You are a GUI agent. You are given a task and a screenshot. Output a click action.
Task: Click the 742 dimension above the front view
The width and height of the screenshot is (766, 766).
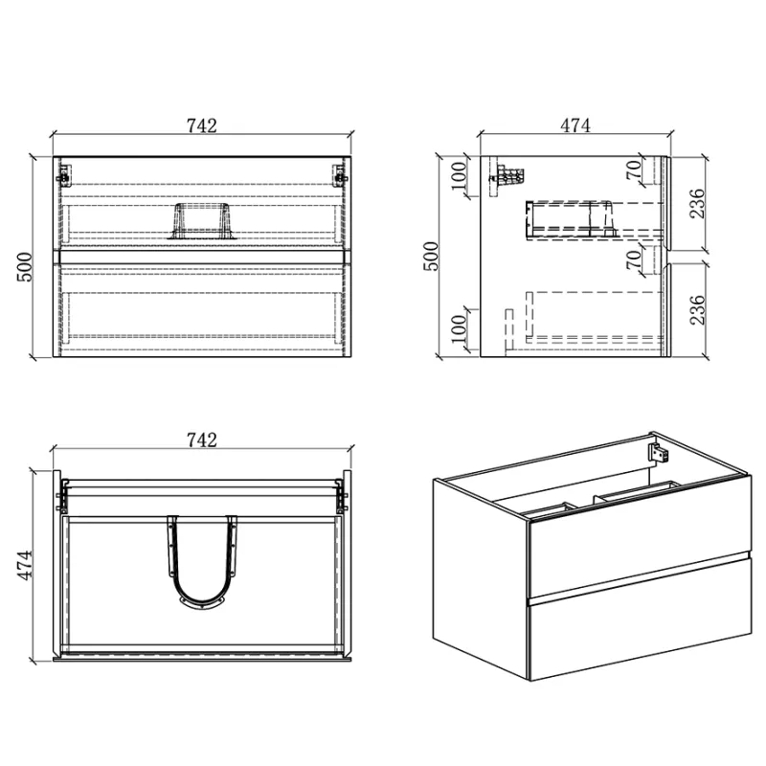202,126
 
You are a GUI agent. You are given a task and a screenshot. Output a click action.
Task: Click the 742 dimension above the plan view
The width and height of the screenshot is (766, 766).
202,440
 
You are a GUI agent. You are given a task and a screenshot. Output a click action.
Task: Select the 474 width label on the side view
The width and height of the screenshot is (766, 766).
575,125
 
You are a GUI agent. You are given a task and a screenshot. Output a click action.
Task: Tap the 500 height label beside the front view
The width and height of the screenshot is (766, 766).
25,267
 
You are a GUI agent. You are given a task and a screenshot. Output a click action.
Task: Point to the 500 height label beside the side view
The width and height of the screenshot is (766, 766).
432,256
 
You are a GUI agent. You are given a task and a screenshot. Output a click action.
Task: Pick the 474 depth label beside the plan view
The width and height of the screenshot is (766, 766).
25,565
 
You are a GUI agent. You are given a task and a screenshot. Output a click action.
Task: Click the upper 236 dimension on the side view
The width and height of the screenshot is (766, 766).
697,203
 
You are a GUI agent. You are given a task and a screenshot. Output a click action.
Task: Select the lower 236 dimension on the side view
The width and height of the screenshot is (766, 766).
697,309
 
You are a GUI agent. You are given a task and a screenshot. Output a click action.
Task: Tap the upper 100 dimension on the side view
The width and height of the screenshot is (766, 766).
460,176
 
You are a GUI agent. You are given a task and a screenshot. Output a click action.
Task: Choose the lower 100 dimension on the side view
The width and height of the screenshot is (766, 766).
460,328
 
